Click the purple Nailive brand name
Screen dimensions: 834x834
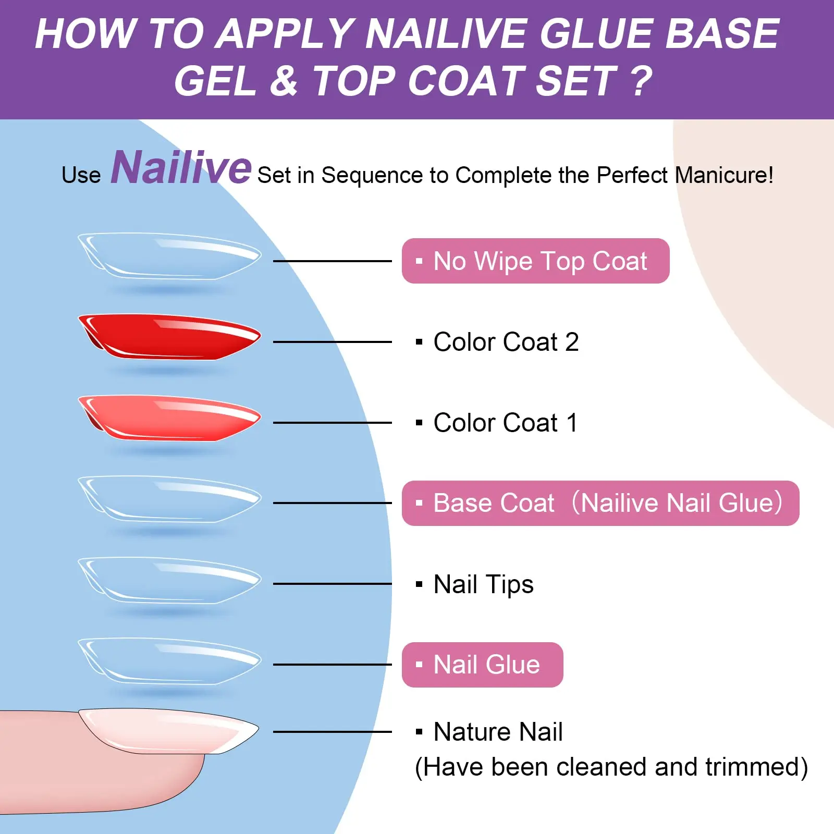tap(181, 167)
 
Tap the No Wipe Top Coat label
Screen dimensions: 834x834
tap(535, 261)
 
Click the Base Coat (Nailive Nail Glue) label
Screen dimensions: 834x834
tap(600, 503)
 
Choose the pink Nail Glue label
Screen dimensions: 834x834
tap(482, 665)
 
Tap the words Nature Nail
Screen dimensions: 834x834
tap(498, 731)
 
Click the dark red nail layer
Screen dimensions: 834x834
tap(169, 337)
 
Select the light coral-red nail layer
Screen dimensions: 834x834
tap(169, 418)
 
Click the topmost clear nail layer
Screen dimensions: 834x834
tap(169, 256)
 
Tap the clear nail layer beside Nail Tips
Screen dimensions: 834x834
tap(169, 580)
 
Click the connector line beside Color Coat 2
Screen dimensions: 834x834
tap(333, 342)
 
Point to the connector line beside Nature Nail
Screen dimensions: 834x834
tap(333, 732)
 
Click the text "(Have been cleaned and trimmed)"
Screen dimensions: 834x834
tap(611, 767)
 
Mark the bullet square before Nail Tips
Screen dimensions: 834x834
tap(419, 584)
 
